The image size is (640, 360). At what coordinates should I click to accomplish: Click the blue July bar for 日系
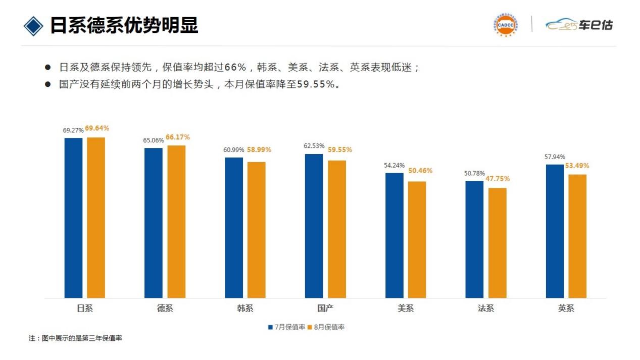coord(73,218)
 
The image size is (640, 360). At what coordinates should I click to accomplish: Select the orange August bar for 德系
coord(176,222)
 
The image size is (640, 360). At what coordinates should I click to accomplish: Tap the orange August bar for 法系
coord(497,243)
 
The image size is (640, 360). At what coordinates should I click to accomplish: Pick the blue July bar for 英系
coord(555,231)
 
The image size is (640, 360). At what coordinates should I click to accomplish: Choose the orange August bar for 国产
coord(337,229)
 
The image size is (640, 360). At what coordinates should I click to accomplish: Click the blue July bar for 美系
coord(395,235)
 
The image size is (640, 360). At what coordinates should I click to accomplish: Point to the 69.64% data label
coord(97,129)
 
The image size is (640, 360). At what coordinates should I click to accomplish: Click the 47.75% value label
coord(498,179)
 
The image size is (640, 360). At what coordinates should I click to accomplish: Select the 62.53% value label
coord(314,146)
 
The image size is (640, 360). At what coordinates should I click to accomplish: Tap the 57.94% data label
coord(555,157)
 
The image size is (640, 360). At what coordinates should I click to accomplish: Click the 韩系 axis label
coord(245,308)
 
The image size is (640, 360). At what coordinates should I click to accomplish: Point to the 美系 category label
coord(406,308)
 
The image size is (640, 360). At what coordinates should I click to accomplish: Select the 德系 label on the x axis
coord(165,308)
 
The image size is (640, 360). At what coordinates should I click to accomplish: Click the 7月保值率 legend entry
coord(286,327)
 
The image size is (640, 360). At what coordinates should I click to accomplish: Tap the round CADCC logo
coord(504,25)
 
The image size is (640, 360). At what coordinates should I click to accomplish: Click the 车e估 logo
coord(579,25)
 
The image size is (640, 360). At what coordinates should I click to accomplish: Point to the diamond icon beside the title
coord(33,25)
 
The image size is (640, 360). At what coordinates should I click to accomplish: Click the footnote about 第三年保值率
coord(75,338)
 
